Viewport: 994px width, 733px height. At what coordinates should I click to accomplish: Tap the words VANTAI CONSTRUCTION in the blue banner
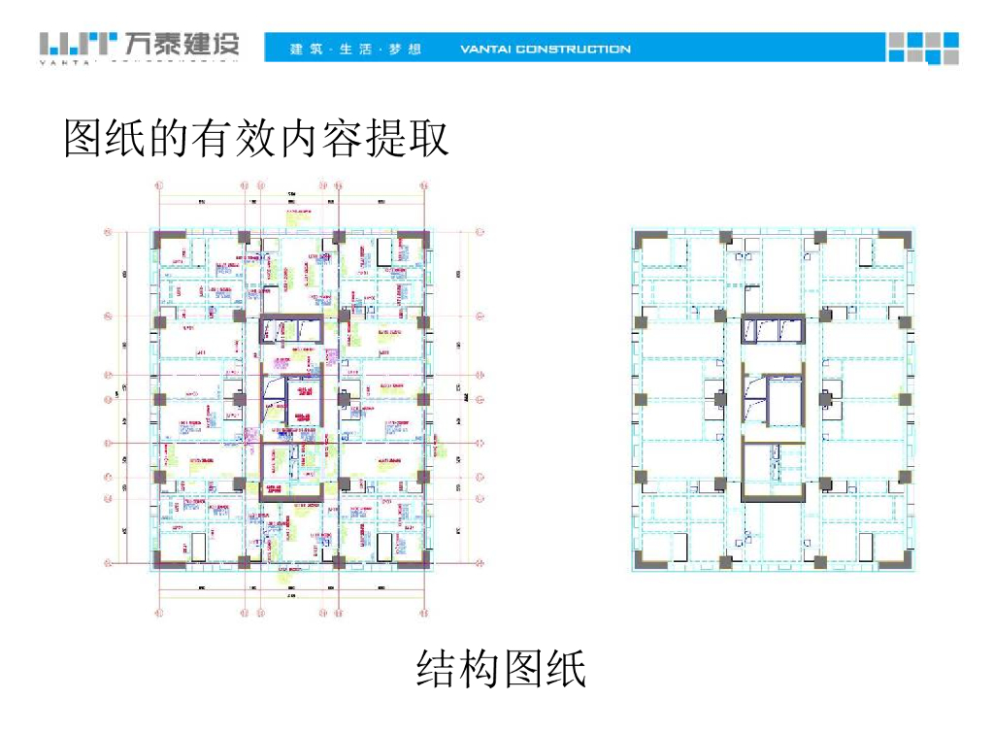(x=545, y=49)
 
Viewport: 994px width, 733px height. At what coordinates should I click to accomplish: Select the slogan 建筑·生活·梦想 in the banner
(x=355, y=49)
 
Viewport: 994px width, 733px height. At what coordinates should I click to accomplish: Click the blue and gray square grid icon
(x=922, y=48)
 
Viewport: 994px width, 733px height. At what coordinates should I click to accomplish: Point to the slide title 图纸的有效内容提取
(x=257, y=138)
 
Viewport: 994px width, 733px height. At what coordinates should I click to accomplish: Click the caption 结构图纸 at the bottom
(x=502, y=669)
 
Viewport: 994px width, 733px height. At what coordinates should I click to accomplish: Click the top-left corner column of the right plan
(x=644, y=238)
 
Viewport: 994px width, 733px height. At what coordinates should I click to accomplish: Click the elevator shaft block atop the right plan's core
(x=773, y=330)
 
